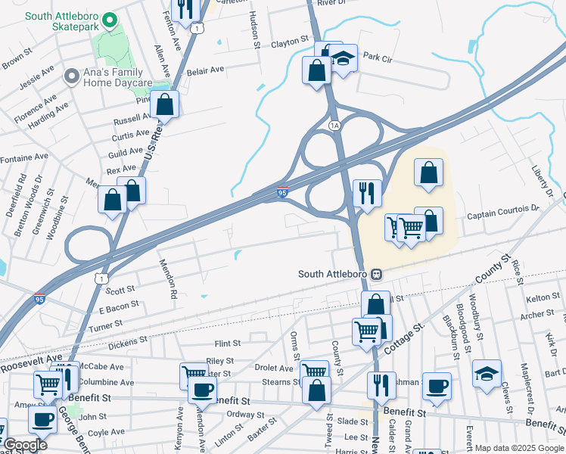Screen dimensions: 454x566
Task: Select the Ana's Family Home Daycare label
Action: [x=119, y=76]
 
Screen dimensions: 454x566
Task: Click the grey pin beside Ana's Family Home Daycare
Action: [x=72, y=76]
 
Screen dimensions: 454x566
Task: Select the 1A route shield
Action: [x=334, y=124]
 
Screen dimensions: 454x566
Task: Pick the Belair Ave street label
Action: [x=207, y=70]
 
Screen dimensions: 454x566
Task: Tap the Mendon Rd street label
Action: [x=167, y=278]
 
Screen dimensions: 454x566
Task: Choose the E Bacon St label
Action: [x=114, y=306]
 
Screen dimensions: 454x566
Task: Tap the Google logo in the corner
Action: [x=24, y=445]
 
